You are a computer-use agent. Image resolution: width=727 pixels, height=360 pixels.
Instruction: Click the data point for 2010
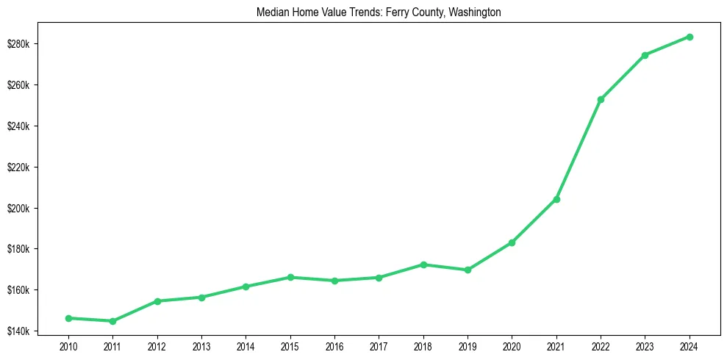point(68,318)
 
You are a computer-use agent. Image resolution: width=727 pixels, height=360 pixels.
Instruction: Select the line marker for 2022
point(601,99)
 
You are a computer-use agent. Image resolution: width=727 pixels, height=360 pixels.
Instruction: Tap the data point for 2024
point(690,37)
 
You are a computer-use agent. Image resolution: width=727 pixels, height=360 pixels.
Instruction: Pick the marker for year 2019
point(468,270)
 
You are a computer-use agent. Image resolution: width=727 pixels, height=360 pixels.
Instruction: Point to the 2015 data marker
point(290,277)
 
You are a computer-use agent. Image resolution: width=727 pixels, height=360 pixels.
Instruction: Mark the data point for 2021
point(556,199)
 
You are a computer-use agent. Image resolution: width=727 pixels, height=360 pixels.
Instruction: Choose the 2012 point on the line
point(157,301)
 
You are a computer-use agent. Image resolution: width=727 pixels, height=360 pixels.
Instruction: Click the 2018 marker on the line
point(423,264)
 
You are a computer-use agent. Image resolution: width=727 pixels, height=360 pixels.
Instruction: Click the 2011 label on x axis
point(112,345)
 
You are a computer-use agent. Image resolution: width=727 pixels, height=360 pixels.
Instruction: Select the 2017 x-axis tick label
point(379,345)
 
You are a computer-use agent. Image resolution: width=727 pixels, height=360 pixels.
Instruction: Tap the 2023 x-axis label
point(645,345)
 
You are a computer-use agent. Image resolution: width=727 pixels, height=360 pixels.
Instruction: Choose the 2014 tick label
point(246,345)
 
